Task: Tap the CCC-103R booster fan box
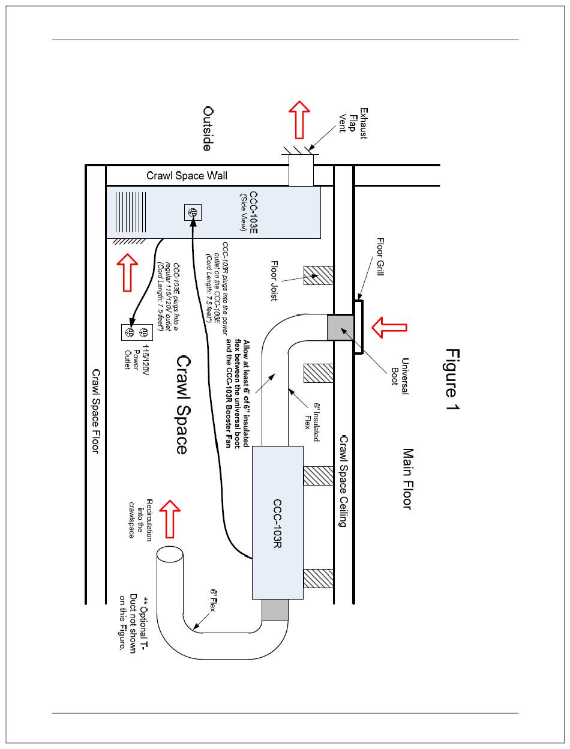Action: tap(277, 522)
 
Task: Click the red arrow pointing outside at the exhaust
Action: tap(299, 119)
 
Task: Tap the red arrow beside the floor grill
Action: tap(389, 327)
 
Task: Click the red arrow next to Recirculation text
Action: tap(172, 518)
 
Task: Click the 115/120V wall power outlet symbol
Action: tap(136, 331)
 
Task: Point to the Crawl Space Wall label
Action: tap(187, 176)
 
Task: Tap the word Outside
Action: tap(208, 129)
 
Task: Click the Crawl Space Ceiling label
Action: tap(343, 481)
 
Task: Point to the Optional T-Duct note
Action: tap(131, 625)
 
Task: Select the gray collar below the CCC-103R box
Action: tap(275, 610)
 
